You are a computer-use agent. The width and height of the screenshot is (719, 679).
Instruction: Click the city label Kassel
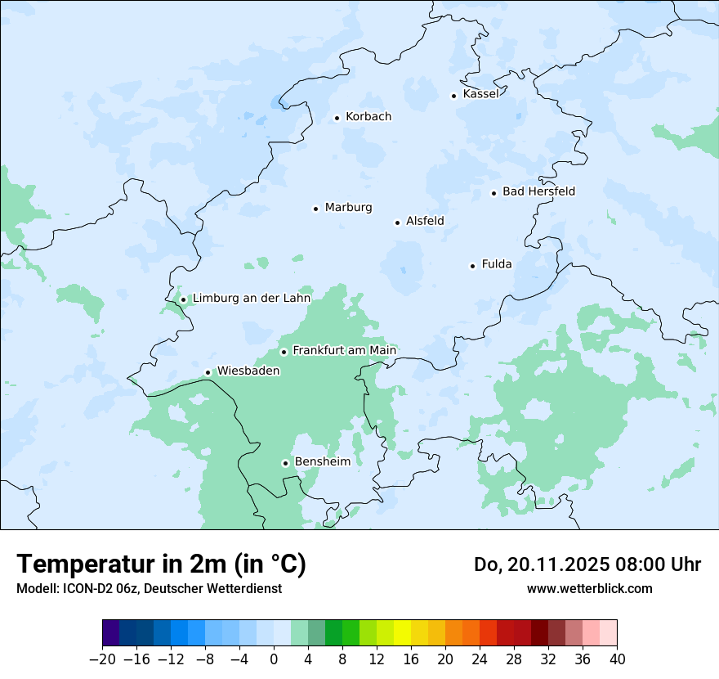[x=480, y=94]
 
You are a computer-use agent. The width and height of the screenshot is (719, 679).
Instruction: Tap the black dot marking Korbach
[x=337, y=118]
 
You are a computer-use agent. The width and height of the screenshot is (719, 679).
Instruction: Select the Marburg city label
[x=348, y=208]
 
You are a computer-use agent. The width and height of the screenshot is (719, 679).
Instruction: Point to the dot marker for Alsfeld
[x=398, y=223]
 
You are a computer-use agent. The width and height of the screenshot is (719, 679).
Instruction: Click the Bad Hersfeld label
[x=538, y=191]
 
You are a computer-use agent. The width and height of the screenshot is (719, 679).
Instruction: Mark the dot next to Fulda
[x=472, y=266]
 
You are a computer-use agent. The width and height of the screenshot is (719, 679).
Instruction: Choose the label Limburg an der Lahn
[x=252, y=299]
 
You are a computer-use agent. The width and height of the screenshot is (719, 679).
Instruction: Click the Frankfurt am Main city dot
[x=284, y=352]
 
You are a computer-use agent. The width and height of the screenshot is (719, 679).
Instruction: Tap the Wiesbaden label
[x=248, y=371]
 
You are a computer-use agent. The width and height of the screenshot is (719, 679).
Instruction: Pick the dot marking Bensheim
[x=286, y=463]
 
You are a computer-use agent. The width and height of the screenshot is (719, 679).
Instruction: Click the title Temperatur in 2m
[x=162, y=564]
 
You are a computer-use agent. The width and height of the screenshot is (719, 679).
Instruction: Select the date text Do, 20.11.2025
[x=529, y=564]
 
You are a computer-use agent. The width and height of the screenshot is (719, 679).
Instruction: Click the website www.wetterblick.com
[x=589, y=589]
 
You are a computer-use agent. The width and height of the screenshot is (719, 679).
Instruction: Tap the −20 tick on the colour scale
[x=102, y=659]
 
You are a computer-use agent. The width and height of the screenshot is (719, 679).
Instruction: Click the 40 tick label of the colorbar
[x=617, y=659]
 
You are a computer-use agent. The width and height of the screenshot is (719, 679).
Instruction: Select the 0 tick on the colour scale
[x=274, y=659]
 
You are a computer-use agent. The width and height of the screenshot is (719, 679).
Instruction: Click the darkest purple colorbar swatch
[x=110, y=633]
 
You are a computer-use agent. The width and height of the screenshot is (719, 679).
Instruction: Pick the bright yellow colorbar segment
[x=402, y=633]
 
